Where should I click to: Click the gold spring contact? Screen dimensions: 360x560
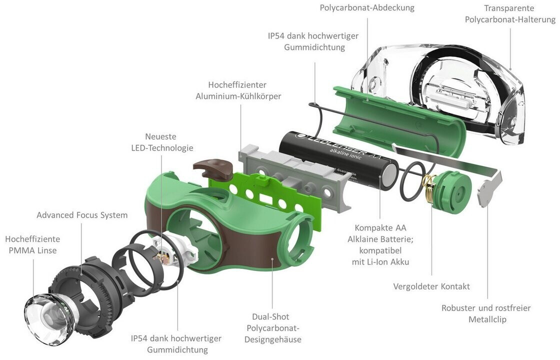(x=428, y=190)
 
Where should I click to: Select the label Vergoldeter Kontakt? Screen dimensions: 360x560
(x=431, y=286)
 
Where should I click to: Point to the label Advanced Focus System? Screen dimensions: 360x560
(x=82, y=215)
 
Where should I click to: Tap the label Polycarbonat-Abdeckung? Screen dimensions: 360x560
(x=367, y=8)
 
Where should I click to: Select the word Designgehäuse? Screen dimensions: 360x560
(x=272, y=339)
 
